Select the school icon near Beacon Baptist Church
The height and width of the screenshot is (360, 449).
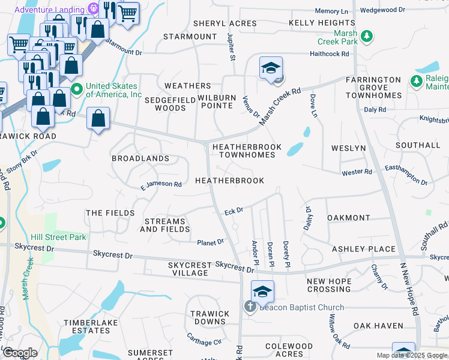pyautogui.click(x=262, y=292)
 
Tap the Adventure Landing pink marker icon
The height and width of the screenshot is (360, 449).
pyautogui.click(x=92, y=9)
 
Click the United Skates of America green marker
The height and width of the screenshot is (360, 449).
pyautogui.click(x=77, y=90)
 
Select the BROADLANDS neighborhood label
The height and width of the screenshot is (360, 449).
pyautogui.click(x=140, y=158)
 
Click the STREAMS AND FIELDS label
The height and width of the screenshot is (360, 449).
pyautogui.click(x=165, y=225)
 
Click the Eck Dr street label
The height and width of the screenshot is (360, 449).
pyautogui.click(x=233, y=211)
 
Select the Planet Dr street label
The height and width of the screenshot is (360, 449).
pyautogui.click(x=210, y=242)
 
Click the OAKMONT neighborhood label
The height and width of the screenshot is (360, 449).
pyautogui.click(x=348, y=217)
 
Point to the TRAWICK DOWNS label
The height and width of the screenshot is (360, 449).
pyautogui.click(x=208, y=317)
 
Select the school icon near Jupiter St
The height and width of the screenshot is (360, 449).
pyautogui.click(x=271, y=69)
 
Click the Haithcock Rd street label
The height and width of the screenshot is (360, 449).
pyautogui.click(x=329, y=53)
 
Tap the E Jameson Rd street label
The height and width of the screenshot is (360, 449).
pyautogui.click(x=161, y=184)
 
